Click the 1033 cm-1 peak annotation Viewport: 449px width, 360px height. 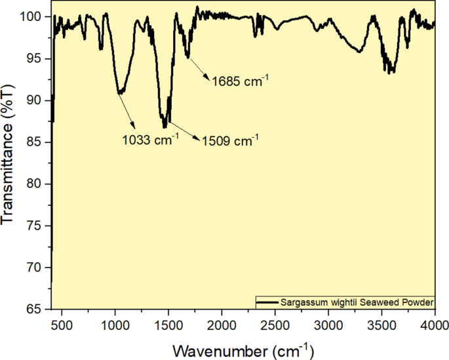[x=151, y=139]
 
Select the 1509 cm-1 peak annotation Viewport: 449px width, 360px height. [x=231, y=139]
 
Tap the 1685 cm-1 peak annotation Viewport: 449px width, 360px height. [x=241, y=81]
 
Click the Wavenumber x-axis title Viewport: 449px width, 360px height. [x=243, y=348]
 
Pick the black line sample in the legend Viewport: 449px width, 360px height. [x=267, y=302]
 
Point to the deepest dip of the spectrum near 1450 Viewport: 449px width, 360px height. [x=164, y=127]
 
